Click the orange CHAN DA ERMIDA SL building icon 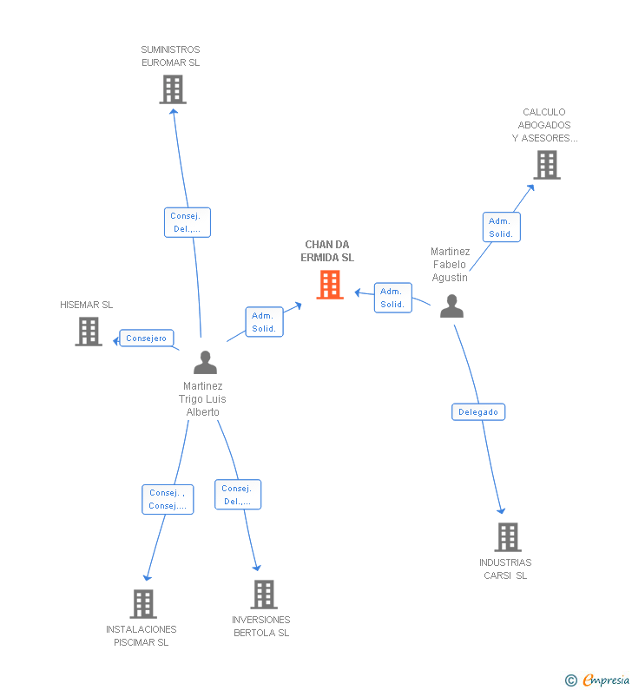click(330, 285)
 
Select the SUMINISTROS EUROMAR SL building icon click(173, 89)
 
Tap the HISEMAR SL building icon click(89, 332)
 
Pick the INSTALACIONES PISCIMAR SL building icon click(143, 604)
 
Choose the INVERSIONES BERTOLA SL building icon click(264, 595)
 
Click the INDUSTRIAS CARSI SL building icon click(508, 537)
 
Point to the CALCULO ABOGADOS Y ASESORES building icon click(546, 165)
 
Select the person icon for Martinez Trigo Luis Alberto click(205, 362)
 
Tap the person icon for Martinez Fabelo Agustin click(451, 306)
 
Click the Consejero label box click(146, 338)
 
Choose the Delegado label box click(478, 411)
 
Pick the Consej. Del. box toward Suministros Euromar click(188, 222)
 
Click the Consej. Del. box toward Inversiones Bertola click(238, 495)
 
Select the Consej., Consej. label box click(168, 499)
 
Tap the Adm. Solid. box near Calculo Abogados click(501, 227)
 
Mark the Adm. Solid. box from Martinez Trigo click(264, 322)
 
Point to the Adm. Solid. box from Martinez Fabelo click(392, 298)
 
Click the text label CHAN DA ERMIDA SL click(327, 251)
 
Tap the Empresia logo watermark click(598, 680)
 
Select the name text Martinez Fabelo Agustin click(450, 264)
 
